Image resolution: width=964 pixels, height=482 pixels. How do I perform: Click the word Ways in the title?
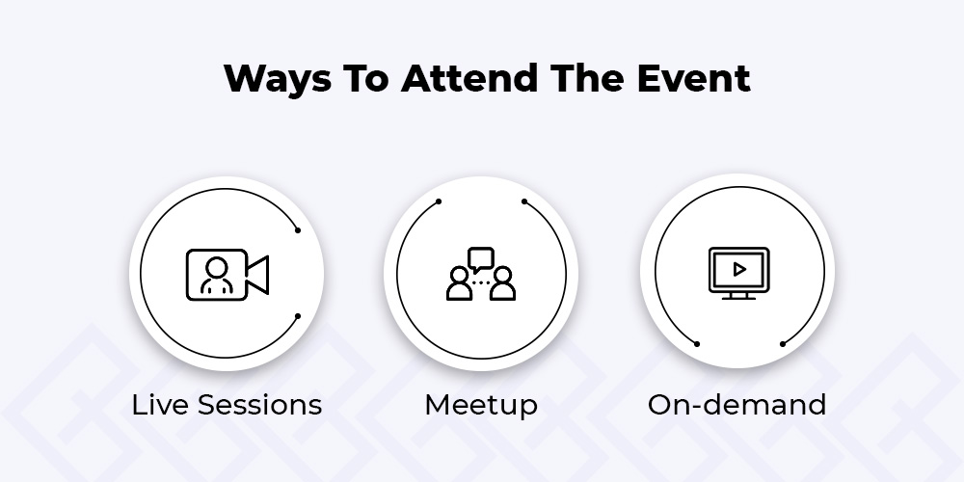pyautogui.click(x=278, y=79)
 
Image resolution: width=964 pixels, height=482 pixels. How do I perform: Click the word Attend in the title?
pyautogui.click(x=469, y=78)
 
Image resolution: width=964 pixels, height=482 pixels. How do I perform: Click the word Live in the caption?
pyautogui.click(x=159, y=405)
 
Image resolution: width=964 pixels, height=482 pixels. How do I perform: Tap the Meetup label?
pyautogui.click(x=481, y=406)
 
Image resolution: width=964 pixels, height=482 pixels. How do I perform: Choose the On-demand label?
pyautogui.click(x=736, y=405)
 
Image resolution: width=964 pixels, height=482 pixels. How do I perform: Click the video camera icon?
pyautogui.click(x=227, y=274)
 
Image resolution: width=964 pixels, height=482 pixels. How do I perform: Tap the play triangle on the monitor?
pyautogui.click(x=739, y=269)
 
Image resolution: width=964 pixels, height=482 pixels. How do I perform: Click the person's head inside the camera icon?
pyautogui.click(x=217, y=267)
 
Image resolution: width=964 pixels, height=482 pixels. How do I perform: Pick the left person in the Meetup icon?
pyautogui.click(x=459, y=283)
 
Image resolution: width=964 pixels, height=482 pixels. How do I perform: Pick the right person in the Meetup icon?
pyautogui.click(x=502, y=283)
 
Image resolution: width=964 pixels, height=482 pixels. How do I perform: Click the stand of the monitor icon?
pyautogui.click(x=739, y=296)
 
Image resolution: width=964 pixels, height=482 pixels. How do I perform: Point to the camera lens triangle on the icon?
pyautogui.click(x=258, y=274)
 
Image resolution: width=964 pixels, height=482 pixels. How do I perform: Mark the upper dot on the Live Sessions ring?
pyautogui.click(x=298, y=230)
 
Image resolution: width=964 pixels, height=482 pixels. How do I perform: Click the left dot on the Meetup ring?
pyautogui.click(x=439, y=201)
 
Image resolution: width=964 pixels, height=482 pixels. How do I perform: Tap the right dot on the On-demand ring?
pyautogui.click(x=783, y=344)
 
